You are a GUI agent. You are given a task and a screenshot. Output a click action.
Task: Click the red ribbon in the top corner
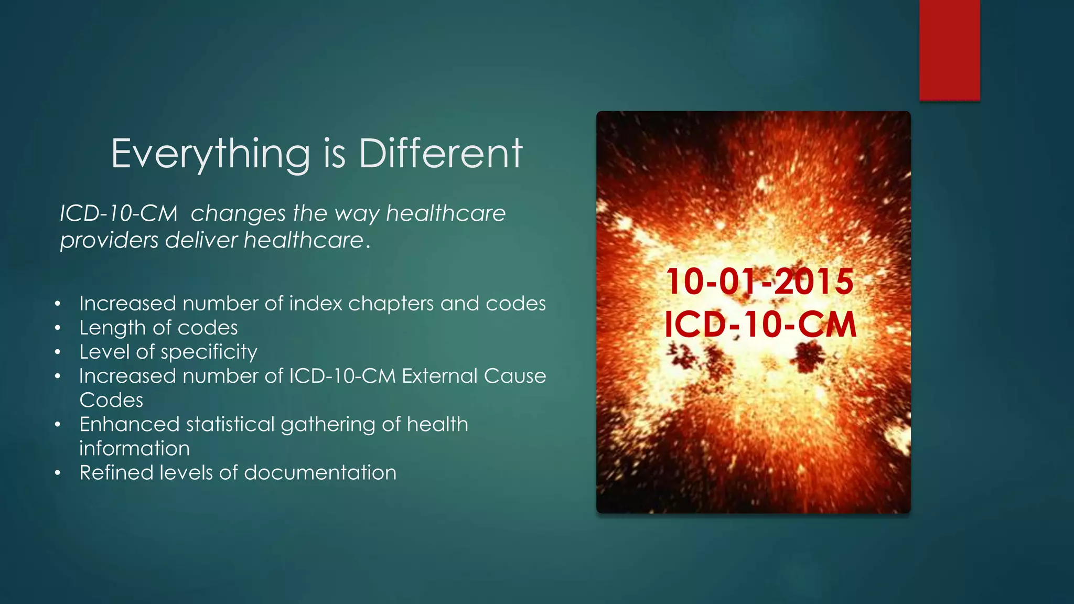949,50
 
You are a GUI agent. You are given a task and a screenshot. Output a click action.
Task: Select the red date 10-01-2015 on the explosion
759,282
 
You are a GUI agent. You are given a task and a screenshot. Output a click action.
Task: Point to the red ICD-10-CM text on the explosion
760,325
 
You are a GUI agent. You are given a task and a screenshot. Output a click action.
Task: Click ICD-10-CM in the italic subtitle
119,214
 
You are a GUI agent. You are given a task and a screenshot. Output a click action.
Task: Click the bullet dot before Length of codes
58,328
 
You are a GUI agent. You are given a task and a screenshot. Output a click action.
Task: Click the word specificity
208,352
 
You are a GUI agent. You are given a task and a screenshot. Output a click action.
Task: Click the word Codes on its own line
111,401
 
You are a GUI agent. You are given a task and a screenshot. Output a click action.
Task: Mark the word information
134,449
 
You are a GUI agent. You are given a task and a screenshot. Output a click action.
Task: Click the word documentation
320,473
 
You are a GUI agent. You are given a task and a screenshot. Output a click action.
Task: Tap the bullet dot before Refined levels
58,473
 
